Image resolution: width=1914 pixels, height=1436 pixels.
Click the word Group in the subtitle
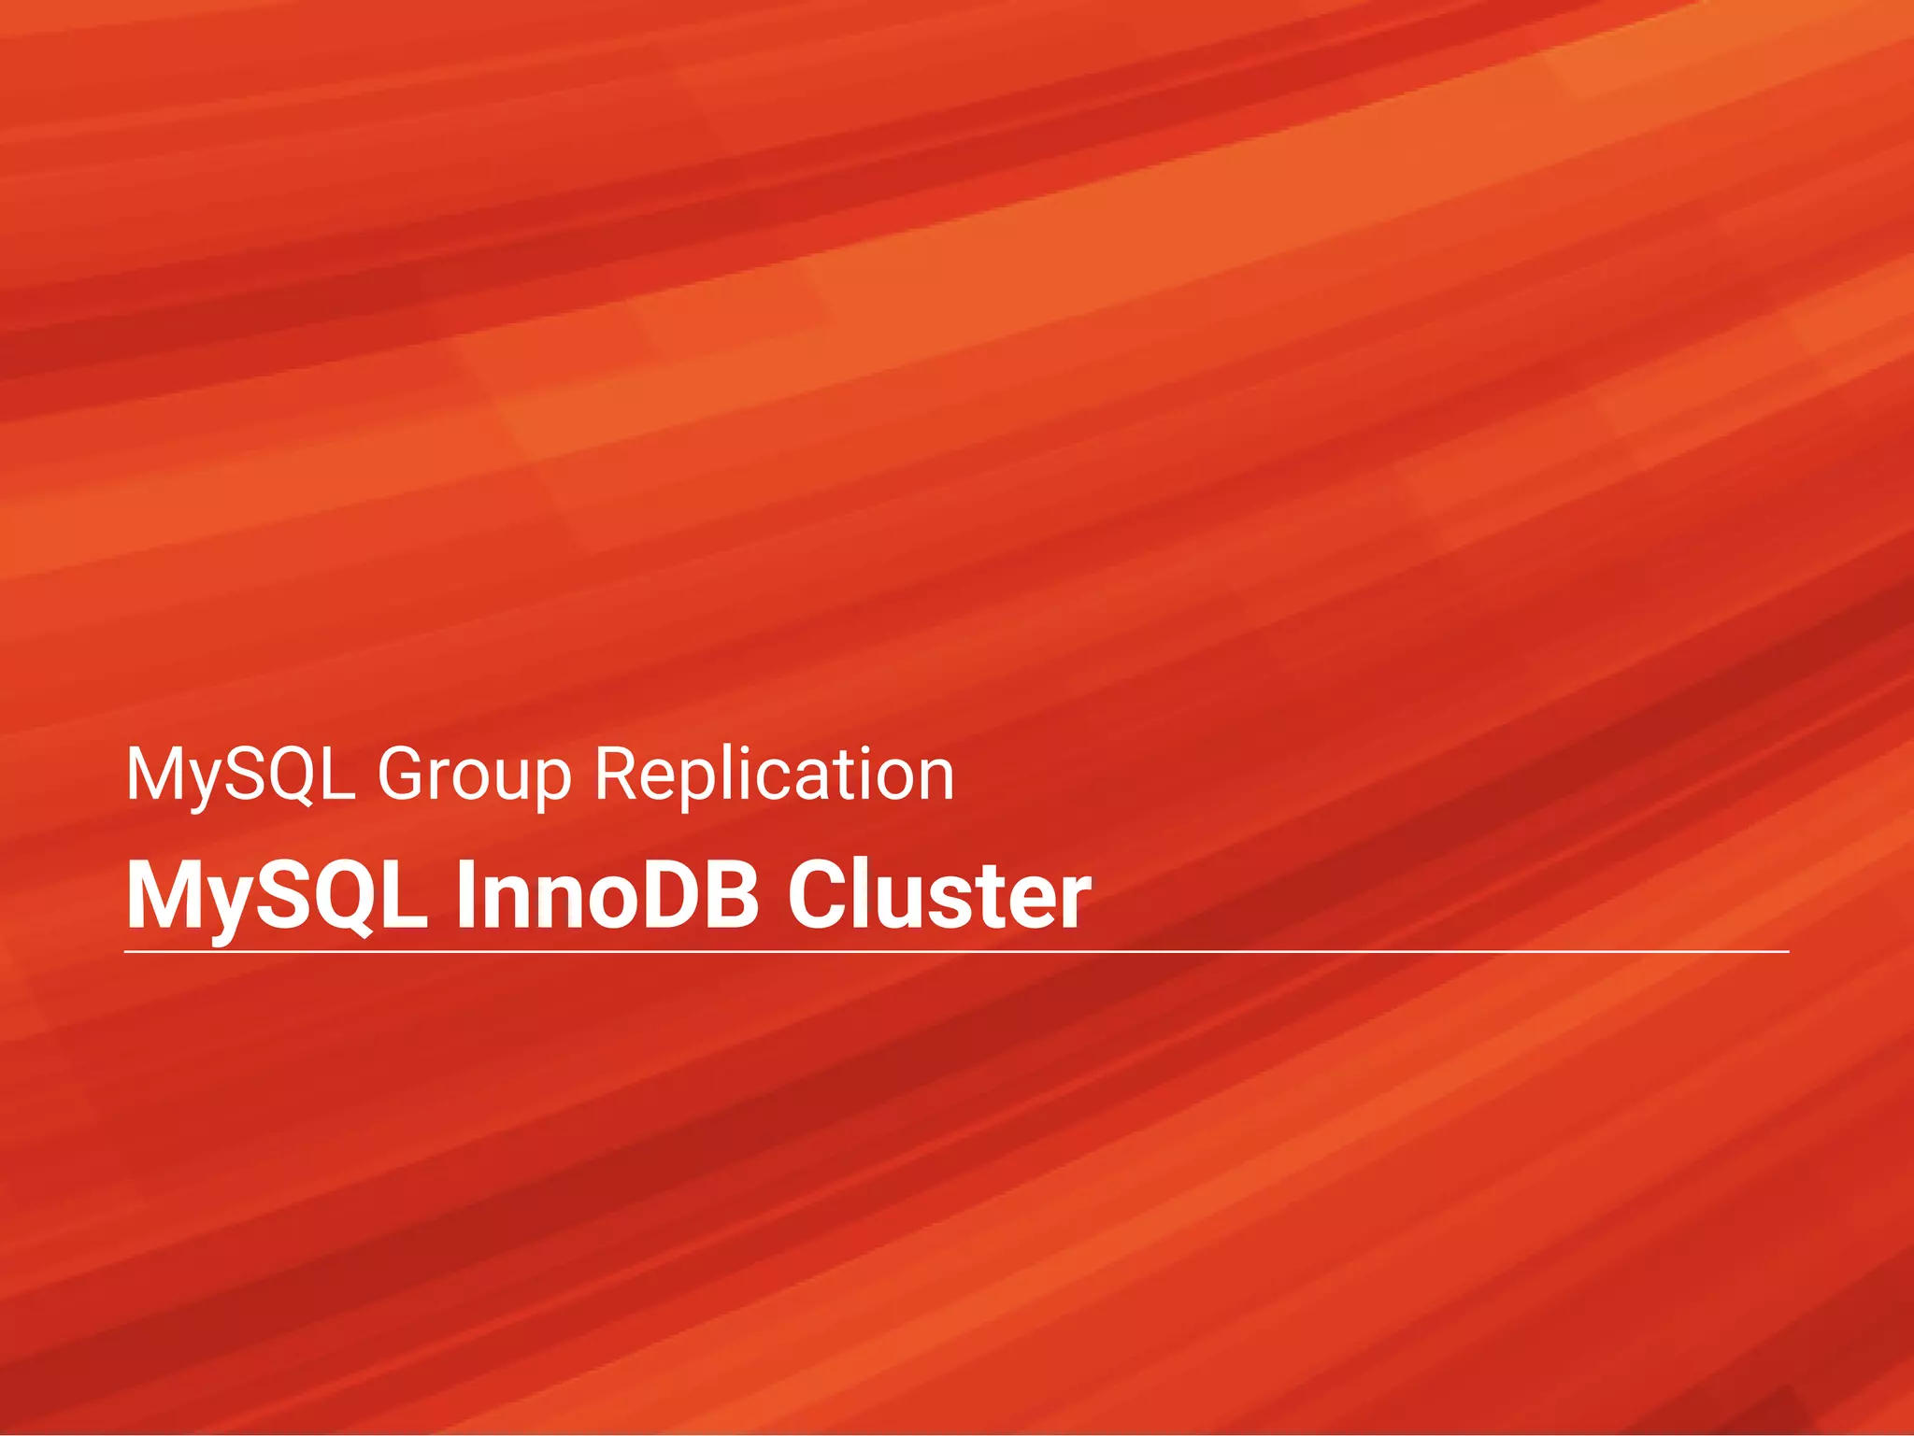474,775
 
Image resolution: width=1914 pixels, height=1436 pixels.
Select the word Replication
774,775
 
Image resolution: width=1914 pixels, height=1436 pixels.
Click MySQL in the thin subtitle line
240,775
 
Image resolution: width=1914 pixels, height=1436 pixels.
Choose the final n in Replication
935,779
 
